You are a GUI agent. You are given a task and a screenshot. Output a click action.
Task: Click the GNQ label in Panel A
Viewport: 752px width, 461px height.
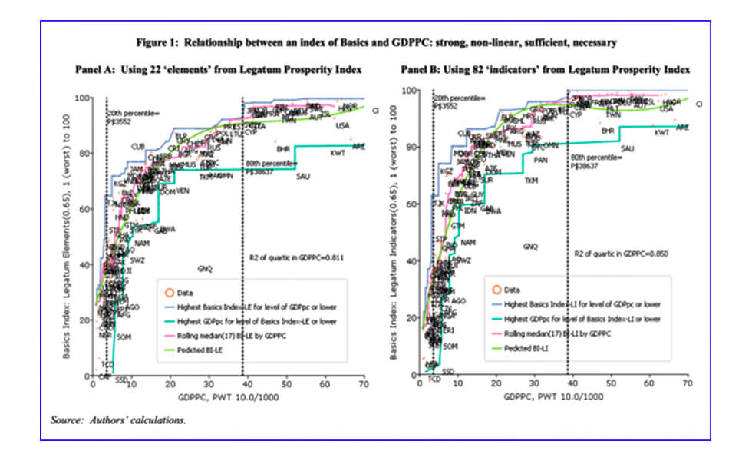tap(205, 269)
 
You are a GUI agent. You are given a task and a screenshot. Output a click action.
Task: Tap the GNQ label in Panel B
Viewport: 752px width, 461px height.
tap(530, 247)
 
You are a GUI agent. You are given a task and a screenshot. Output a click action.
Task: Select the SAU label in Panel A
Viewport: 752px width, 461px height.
tap(302, 177)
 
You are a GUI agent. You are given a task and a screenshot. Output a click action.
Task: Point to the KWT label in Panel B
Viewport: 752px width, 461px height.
tap(661, 133)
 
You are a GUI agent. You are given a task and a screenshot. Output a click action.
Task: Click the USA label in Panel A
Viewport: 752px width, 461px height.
tap(342, 125)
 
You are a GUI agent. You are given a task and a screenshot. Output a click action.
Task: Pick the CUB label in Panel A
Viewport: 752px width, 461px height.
tap(138, 146)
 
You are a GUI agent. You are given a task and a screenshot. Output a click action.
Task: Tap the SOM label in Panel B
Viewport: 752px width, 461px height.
tap(450, 347)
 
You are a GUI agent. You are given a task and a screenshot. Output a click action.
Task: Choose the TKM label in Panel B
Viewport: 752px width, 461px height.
tap(531, 181)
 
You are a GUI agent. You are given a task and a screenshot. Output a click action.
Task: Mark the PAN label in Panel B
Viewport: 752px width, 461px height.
tap(541, 160)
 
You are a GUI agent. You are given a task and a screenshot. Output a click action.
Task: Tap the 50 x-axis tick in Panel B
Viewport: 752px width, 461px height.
tap(610, 381)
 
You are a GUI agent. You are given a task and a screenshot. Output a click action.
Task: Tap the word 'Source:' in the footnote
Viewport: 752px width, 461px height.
tap(66, 420)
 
